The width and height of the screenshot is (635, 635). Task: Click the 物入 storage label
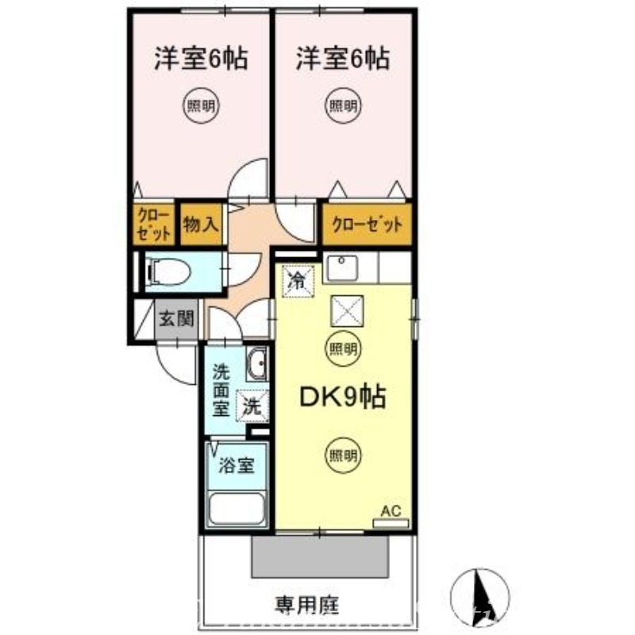coord(200,223)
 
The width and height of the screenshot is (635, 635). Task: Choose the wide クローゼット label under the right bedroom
coord(367,224)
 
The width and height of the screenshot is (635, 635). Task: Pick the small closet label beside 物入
coord(152,224)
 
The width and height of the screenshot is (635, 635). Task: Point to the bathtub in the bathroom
coord(236,508)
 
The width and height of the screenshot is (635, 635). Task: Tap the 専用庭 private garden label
coord(307,606)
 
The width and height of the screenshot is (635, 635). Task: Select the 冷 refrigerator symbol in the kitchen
coord(297,279)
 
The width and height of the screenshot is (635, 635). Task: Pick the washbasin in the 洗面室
coord(256,367)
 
